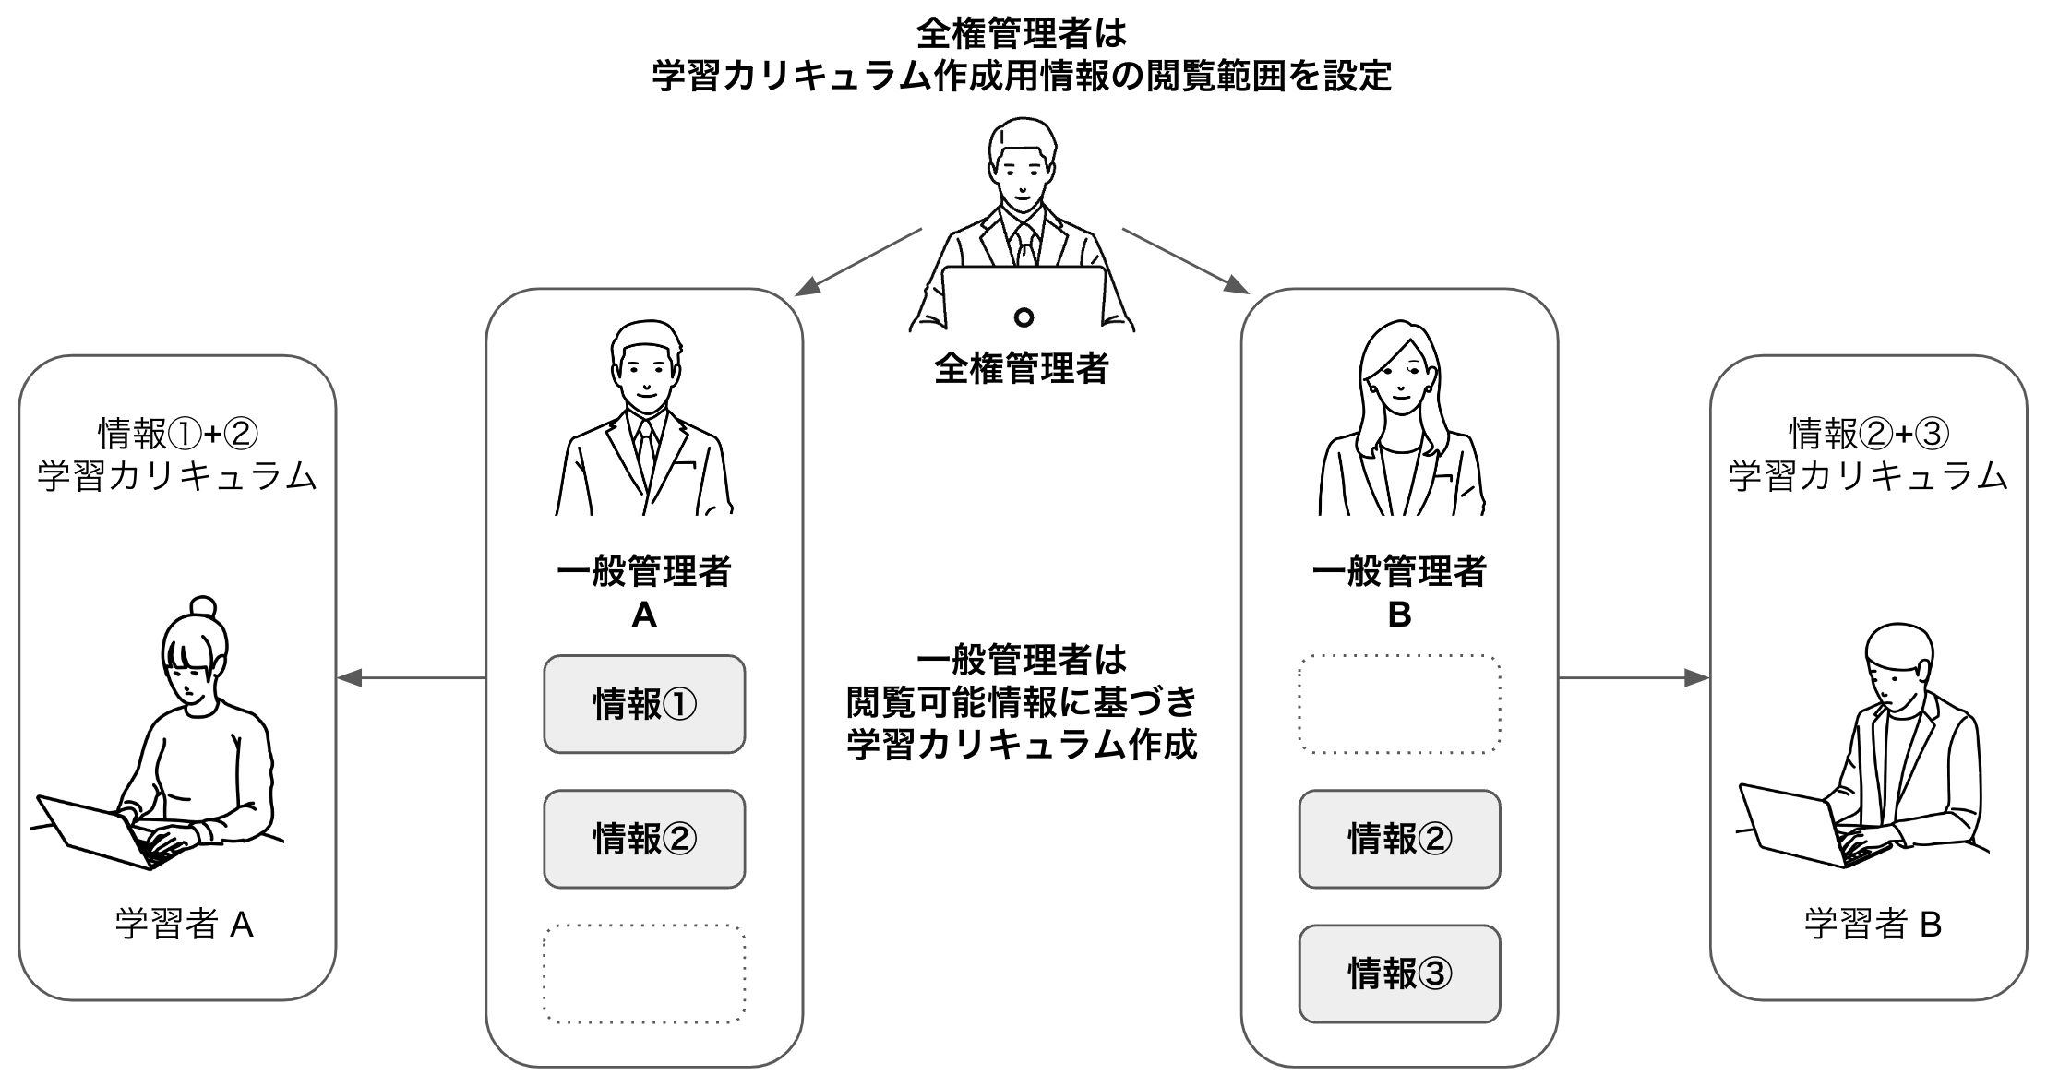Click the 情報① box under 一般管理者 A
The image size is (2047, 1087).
(x=643, y=704)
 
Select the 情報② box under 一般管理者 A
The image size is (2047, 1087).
(x=643, y=839)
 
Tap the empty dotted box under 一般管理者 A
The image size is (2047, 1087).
(x=643, y=974)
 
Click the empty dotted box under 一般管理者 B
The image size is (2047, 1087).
(x=1399, y=704)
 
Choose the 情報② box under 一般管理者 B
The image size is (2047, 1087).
(x=1399, y=839)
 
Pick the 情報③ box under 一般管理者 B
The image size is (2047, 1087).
(x=1399, y=974)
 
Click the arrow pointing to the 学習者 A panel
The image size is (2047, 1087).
(x=411, y=678)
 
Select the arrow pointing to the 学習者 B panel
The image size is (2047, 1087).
(x=1634, y=678)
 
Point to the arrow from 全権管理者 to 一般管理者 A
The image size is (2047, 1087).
(x=858, y=262)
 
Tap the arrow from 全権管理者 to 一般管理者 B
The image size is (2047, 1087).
(x=1186, y=262)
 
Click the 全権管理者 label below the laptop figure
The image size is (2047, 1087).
(x=1022, y=369)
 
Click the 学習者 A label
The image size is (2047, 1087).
(x=184, y=924)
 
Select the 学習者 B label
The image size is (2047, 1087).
(x=1873, y=924)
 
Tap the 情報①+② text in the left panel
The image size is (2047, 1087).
(x=177, y=432)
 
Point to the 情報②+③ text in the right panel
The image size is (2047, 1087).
(x=1869, y=432)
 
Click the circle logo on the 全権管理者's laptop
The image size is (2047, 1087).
(x=1023, y=317)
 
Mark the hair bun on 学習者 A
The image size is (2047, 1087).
(x=203, y=607)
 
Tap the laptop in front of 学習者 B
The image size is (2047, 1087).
(x=1790, y=826)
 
